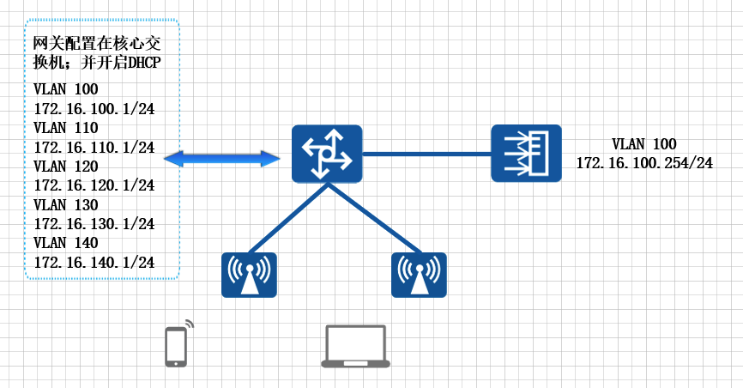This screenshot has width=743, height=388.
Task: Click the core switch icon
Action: (326, 153)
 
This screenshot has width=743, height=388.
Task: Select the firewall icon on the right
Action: (526, 153)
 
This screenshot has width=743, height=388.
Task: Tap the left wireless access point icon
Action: (249, 275)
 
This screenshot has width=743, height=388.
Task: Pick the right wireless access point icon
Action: (419, 275)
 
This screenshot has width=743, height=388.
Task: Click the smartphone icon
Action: (177, 345)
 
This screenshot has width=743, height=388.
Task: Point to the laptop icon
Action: (355, 347)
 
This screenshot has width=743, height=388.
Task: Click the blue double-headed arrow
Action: (222, 158)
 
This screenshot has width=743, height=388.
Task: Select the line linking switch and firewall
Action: (426, 154)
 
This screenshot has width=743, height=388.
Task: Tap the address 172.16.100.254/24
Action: (644, 162)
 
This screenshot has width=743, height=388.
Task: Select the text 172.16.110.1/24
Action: (94, 147)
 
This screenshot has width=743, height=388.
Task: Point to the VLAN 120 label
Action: (66, 166)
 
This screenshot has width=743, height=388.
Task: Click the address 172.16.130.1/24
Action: (94, 223)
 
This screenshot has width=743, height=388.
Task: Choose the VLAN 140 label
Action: (66, 243)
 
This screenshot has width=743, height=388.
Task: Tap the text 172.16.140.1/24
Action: (94, 262)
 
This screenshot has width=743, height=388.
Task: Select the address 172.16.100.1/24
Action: (94, 108)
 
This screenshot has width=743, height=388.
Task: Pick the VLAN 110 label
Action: (66, 127)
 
